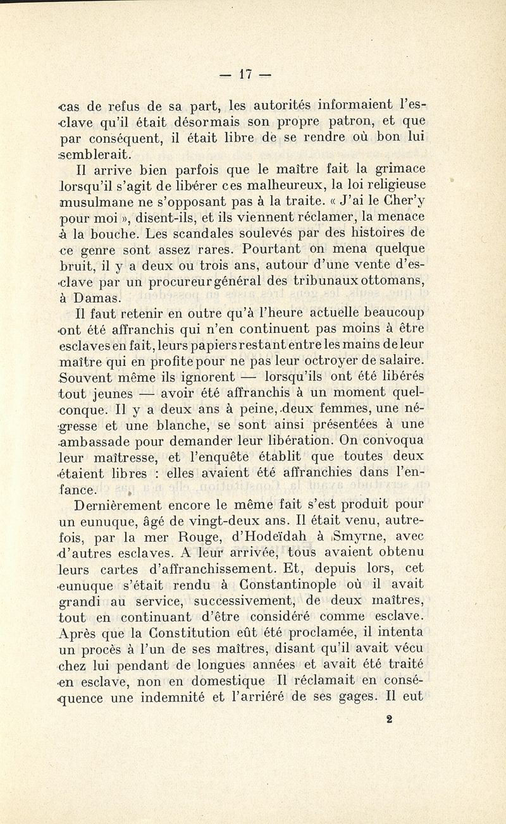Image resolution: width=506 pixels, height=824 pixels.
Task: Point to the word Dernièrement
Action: (x=118, y=505)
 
